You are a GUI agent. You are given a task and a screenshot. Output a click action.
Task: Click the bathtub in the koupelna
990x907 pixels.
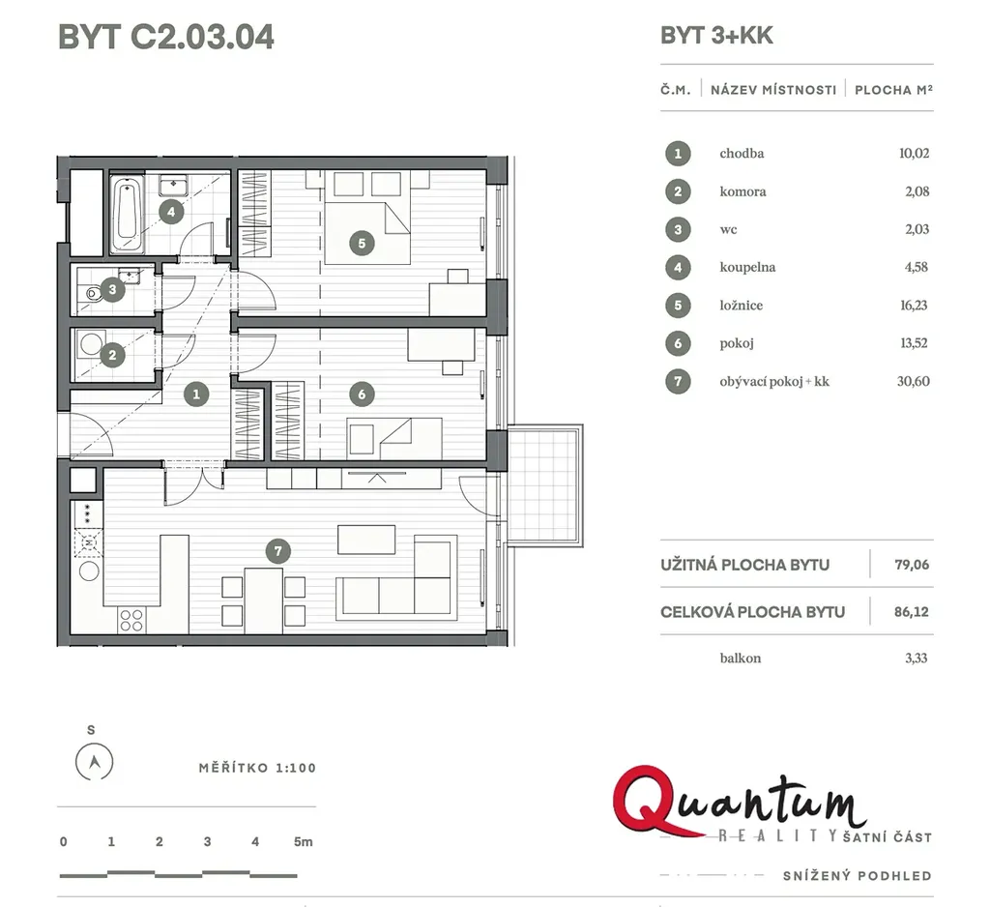pyautogui.click(x=127, y=214)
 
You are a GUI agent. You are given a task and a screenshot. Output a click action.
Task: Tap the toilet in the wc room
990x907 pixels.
pyautogui.click(x=91, y=293)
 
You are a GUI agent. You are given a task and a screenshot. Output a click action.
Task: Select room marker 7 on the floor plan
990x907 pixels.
pyautogui.click(x=277, y=551)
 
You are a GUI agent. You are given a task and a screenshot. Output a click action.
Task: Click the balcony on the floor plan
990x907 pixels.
pyautogui.click(x=545, y=485)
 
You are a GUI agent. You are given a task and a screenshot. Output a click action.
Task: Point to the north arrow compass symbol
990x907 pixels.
pyautogui.click(x=94, y=762)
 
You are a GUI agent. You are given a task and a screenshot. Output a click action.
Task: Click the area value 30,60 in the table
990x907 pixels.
pyautogui.click(x=913, y=382)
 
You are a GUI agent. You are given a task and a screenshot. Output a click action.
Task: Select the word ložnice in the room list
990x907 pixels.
pyautogui.click(x=742, y=306)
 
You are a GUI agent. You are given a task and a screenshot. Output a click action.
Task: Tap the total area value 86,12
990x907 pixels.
pyautogui.click(x=912, y=611)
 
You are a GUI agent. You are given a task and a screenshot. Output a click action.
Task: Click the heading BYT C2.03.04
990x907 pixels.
pyautogui.click(x=166, y=37)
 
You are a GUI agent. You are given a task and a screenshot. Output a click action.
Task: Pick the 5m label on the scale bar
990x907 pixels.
pyautogui.click(x=303, y=841)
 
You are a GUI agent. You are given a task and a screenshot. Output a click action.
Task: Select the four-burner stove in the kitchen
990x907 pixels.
pyautogui.click(x=131, y=620)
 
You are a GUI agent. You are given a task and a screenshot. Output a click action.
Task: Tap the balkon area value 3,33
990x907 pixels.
pyautogui.click(x=917, y=658)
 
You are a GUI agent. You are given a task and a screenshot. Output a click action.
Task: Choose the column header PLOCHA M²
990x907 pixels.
pyautogui.click(x=893, y=90)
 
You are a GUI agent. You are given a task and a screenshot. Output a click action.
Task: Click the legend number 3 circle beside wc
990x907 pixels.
pyautogui.click(x=678, y=229)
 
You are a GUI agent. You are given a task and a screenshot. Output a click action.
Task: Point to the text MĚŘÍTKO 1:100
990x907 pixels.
pyautogui.click(x=257, y=768)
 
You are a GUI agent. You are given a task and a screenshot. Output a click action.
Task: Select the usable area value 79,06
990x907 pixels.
pyautogui.click(x=912, y=565)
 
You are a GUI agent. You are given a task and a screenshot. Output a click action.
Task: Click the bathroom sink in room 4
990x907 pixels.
pyautogui.click(x=172, y=185)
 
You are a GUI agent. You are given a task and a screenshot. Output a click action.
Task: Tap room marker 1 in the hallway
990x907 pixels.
pyautogui.click(x=196, y=395)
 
